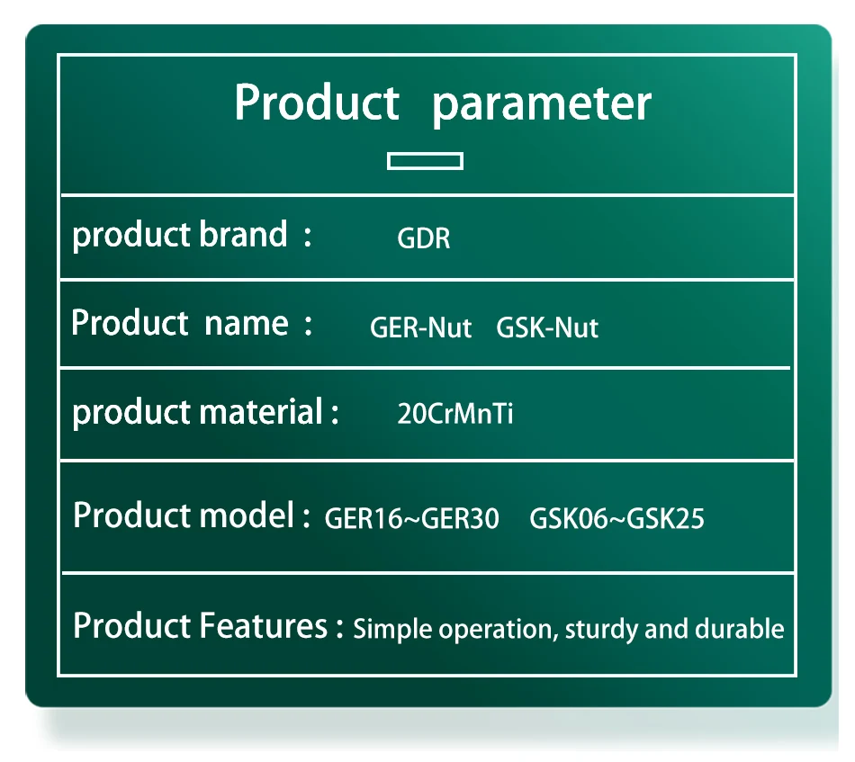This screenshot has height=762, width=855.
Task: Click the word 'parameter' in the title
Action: pos(542,104)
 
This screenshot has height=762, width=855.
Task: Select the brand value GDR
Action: pos(424,238)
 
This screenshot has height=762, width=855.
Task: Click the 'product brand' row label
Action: pos(180,236)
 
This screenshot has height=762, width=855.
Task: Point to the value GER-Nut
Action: pos(420,327)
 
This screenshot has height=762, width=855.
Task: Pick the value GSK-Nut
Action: pos(547,327)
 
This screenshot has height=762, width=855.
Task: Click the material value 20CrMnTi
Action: pos(454,414)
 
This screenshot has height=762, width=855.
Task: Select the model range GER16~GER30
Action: pos(411,518)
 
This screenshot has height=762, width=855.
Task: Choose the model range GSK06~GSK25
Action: pos(616,518)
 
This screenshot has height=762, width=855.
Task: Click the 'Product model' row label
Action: pos(184,515)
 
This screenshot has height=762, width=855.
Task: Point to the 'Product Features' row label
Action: pos(200,626)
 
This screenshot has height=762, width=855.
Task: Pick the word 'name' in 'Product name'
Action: pos(247,324)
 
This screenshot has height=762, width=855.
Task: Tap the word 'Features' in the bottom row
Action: pos(264,626)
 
